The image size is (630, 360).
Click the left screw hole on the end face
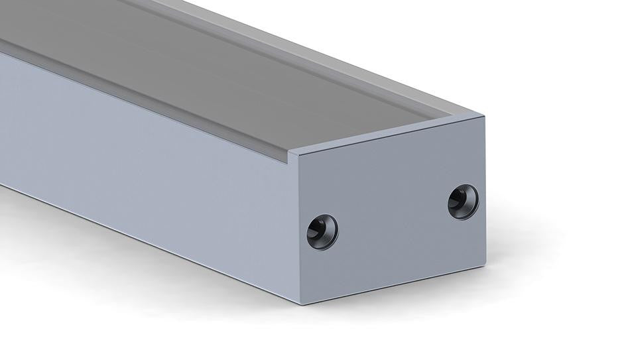point(322,232)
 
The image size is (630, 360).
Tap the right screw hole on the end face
point(463,202)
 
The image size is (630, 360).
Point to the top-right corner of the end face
point(484,117)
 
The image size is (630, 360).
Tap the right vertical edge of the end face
point(485,192)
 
